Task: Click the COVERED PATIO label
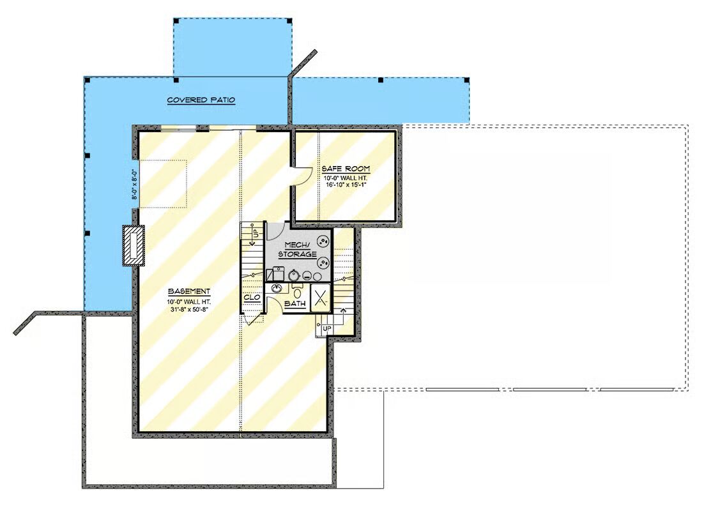pos(201,100)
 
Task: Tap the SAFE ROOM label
pos(346,169)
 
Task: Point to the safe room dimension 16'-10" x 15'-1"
pos(346,185)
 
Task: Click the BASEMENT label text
pos(189,291)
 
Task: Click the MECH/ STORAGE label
pos(298,250)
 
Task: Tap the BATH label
pos(295,303)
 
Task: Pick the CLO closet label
pos(252,298)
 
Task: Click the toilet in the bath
pos(298,291)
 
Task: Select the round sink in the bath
pos(276,288)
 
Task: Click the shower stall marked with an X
pos(321,298)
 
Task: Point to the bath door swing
pos(275,303)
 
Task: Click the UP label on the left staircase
pos(256,234)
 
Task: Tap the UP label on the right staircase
pos(327,328)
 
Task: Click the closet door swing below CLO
pos(254,318)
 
